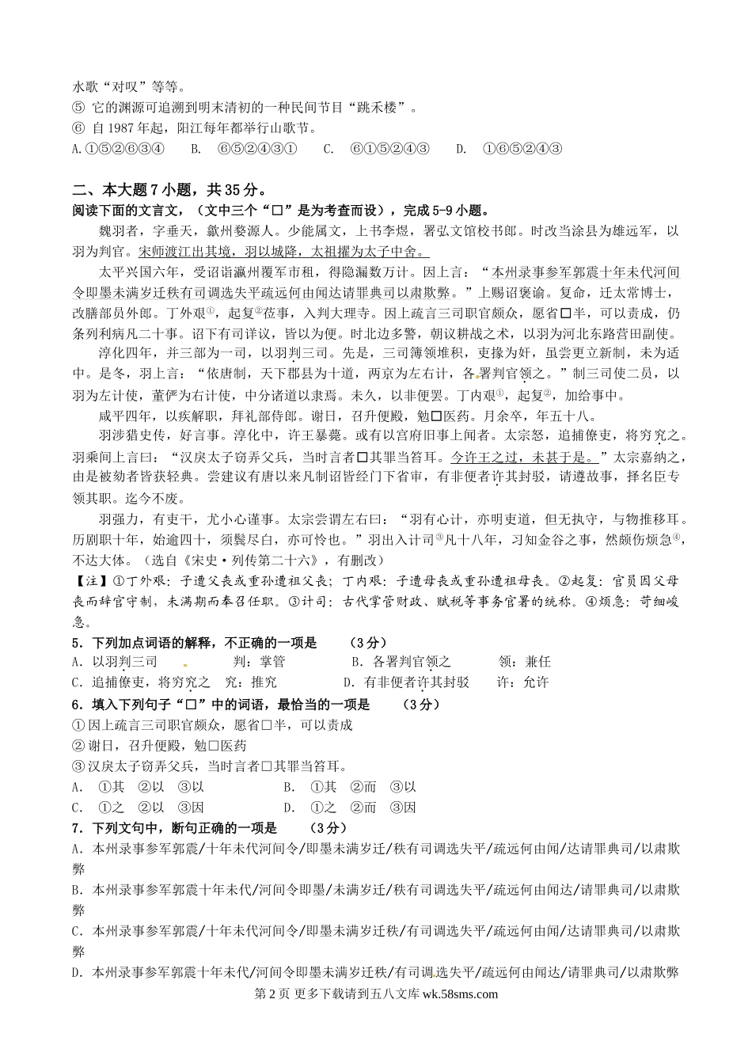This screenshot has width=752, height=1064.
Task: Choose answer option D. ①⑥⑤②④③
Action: (x=509, y=148)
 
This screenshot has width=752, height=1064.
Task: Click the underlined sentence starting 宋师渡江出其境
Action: (x=283, y=252)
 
